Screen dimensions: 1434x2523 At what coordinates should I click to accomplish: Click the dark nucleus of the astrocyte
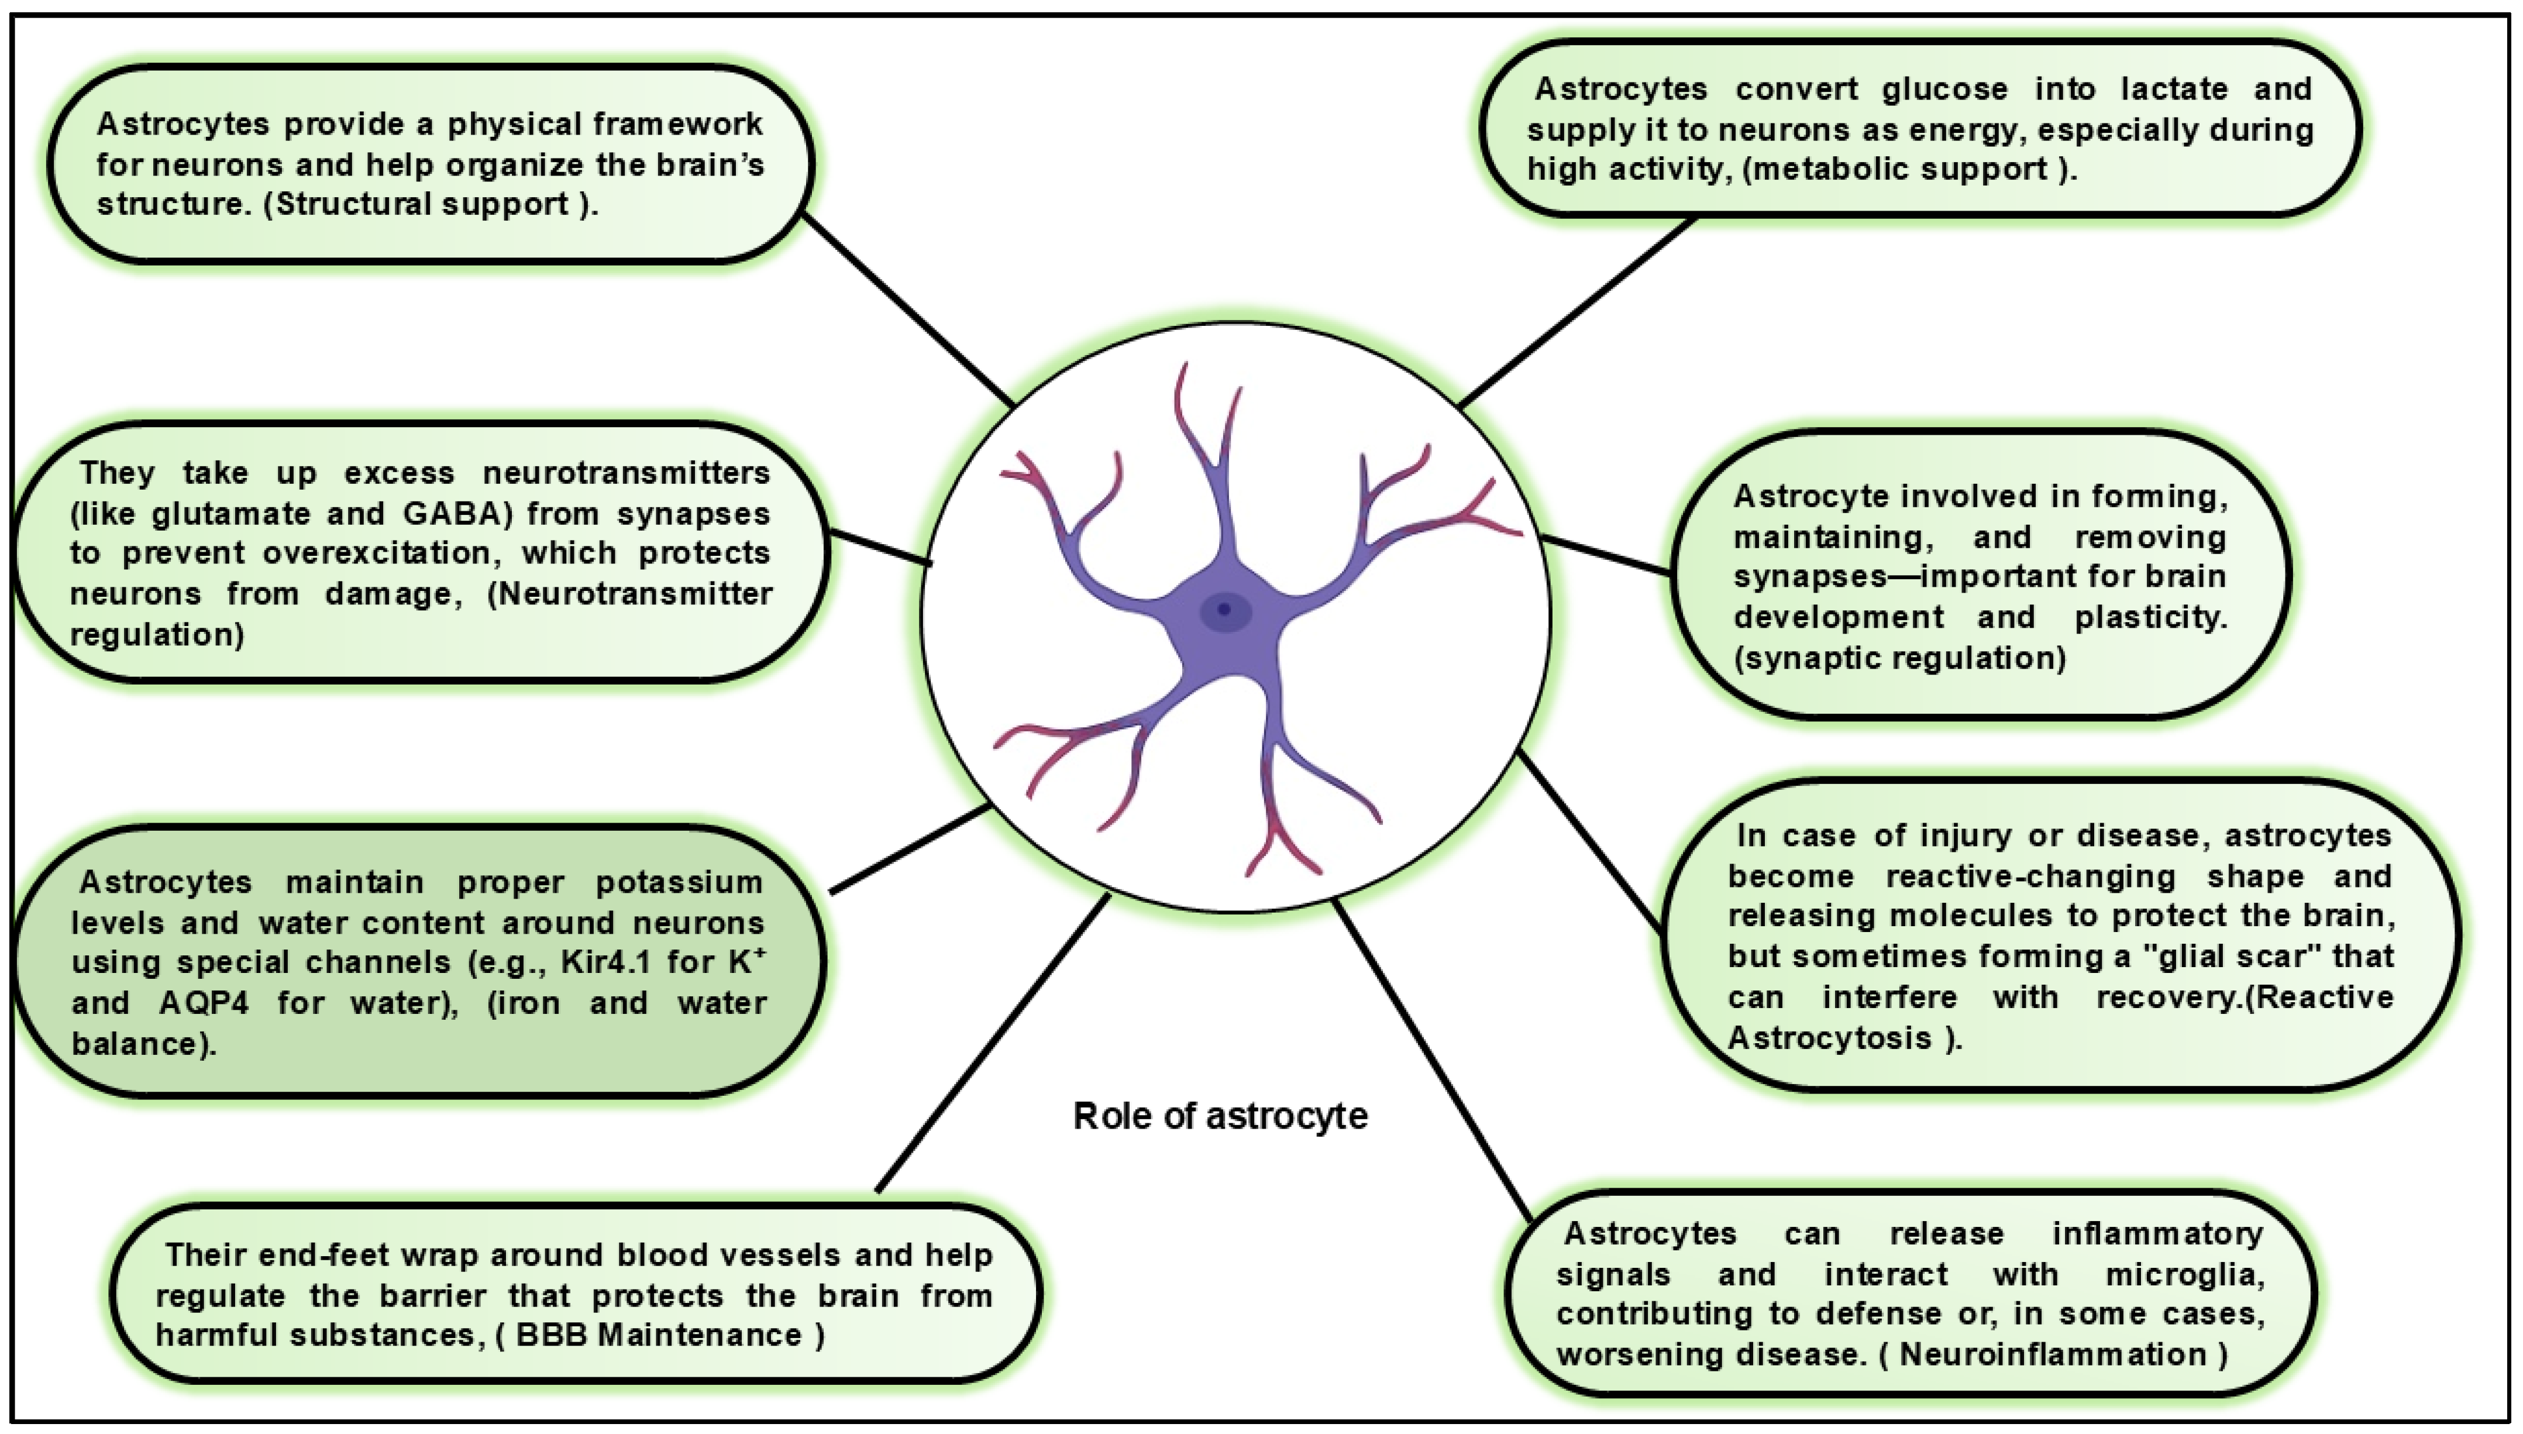1224,611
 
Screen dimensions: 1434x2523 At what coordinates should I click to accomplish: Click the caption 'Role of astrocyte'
1220,1116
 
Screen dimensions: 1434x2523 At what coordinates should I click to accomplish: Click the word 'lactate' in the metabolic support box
2173,89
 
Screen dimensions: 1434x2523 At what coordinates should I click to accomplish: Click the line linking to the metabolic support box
1576,312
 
